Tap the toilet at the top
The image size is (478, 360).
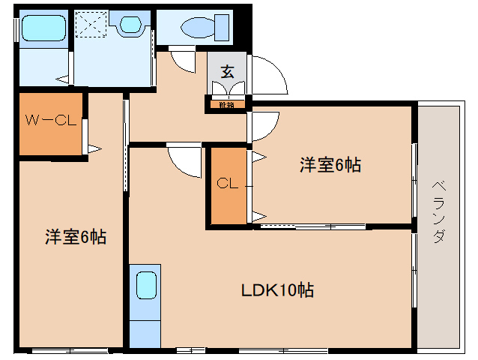pos(202,27)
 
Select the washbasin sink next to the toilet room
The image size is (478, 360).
pos(131,25)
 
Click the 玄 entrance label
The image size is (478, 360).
pos(226,72)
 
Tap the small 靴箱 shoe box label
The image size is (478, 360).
pos(226,105)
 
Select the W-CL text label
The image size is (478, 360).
pos(49,120)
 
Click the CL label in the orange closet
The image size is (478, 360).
pos(227,183)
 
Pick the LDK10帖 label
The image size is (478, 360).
pos(276,289)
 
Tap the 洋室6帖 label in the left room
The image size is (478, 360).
pos(75,238)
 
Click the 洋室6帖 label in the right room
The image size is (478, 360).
pos(330,165)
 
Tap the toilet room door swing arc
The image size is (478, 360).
pos(182,58)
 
